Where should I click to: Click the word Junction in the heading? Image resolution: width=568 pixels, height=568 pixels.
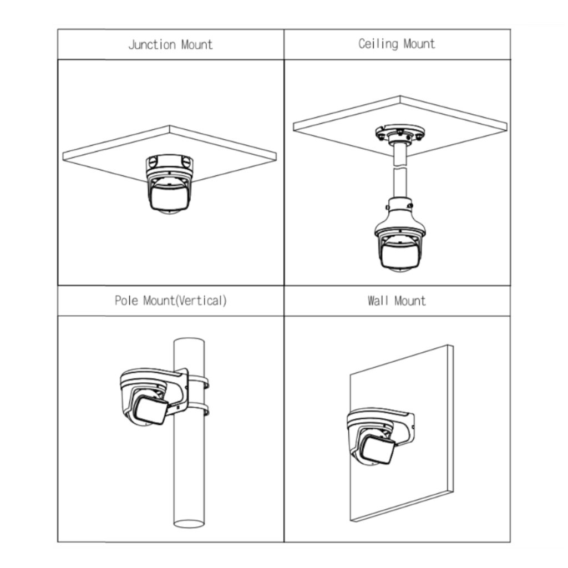[152, 44]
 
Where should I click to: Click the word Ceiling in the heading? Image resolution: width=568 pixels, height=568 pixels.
[378, 44]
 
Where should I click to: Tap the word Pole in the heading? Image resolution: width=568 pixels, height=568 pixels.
[126, 300]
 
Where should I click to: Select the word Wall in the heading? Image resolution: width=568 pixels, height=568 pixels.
[378, 301]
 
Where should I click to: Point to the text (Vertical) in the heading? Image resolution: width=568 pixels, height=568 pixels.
[201, 301]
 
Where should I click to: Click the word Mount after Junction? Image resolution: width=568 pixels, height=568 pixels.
[197, 44]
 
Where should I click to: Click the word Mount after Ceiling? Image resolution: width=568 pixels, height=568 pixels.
[419, 44]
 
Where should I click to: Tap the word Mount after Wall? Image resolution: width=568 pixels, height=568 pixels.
[410, 301]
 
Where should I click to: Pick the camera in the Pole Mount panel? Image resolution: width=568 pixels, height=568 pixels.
[154, 397]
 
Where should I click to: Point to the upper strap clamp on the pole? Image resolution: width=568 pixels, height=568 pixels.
[199, 381]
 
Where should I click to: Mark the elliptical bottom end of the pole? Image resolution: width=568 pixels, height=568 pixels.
[189, 524]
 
